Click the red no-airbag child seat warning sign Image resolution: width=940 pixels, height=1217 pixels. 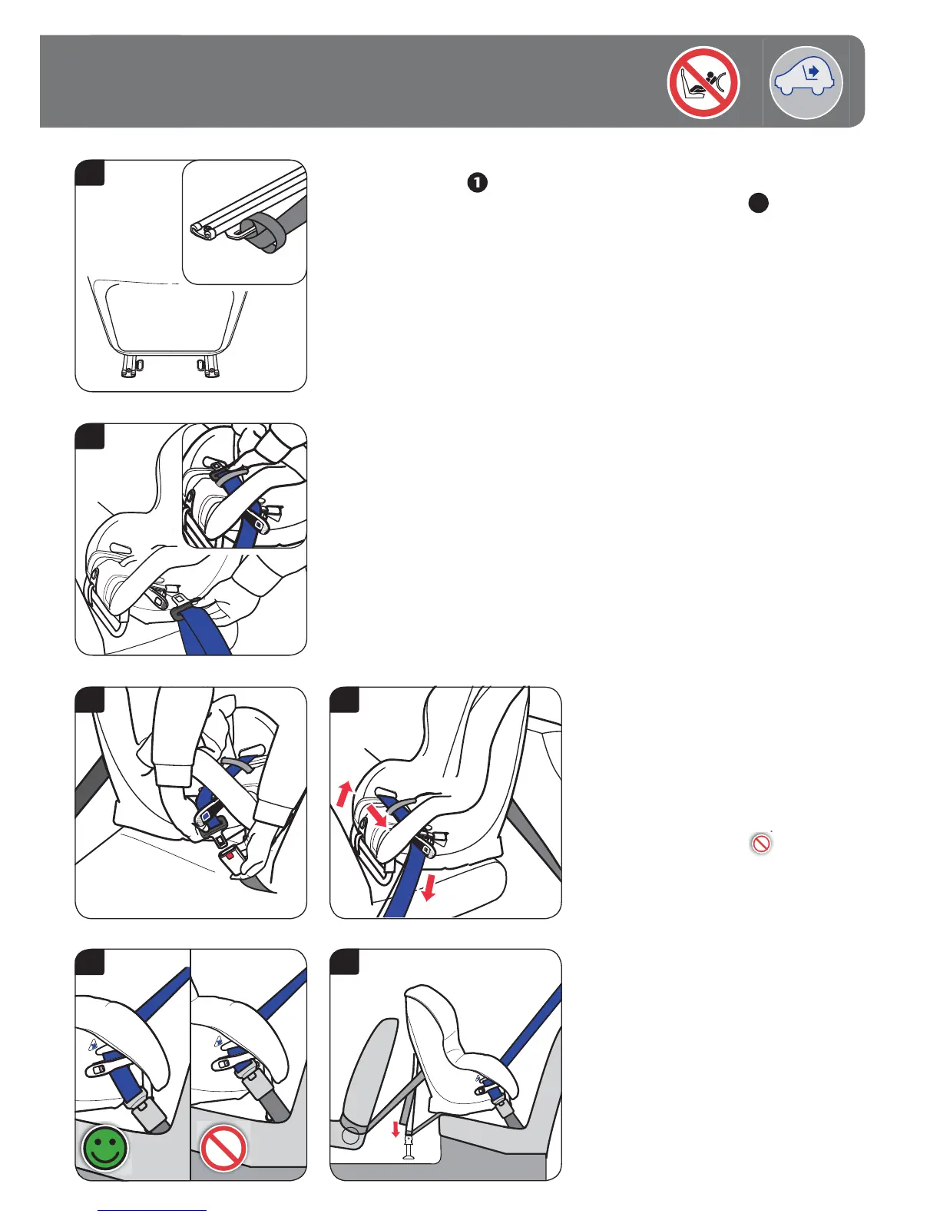703,82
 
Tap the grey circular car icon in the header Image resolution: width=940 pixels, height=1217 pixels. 806,82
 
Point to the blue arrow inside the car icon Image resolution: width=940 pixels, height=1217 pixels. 813,71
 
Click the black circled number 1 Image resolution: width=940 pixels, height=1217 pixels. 477,183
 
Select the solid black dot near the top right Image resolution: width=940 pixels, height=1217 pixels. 758,204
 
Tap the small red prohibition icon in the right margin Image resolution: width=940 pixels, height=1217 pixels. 761,844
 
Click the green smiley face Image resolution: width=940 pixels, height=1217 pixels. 104,1148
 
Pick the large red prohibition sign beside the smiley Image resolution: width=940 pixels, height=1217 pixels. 223,1148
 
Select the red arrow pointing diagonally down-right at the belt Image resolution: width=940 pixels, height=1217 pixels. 377,816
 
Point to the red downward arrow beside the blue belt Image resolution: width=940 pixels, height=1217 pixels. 429,887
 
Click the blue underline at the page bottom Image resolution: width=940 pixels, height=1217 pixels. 152,1210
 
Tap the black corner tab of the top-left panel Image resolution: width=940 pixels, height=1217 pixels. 90,173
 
